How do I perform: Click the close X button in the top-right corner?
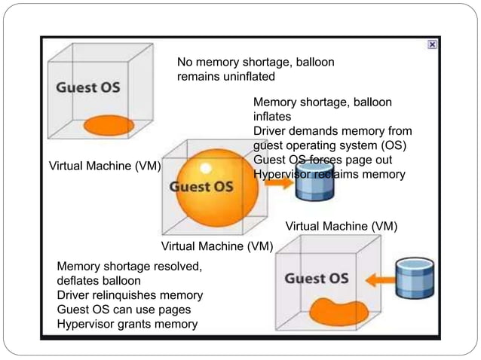(x=432, y=44)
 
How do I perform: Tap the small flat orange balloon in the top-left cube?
(x=109, y=124)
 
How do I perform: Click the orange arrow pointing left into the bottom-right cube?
(x=381, y=280)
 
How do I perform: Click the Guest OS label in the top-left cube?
(x=87, y=87)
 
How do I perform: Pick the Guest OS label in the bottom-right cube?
(x=316, y=279)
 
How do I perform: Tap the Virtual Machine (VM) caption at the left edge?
(x=105, y=166)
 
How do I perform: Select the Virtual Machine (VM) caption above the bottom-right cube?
(x=341, y=226)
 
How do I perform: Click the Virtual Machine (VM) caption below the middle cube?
(x=217, y=246)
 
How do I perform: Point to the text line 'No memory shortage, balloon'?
(x=255, y=63)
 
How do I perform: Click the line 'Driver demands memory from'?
(x=332, y=131)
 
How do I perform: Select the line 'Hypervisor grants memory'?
(x=127, y=324)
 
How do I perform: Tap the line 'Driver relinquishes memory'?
(x=130, y=295)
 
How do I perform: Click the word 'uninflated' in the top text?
(x=248, y=77)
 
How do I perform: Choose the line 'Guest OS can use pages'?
(x=124, y=310)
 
